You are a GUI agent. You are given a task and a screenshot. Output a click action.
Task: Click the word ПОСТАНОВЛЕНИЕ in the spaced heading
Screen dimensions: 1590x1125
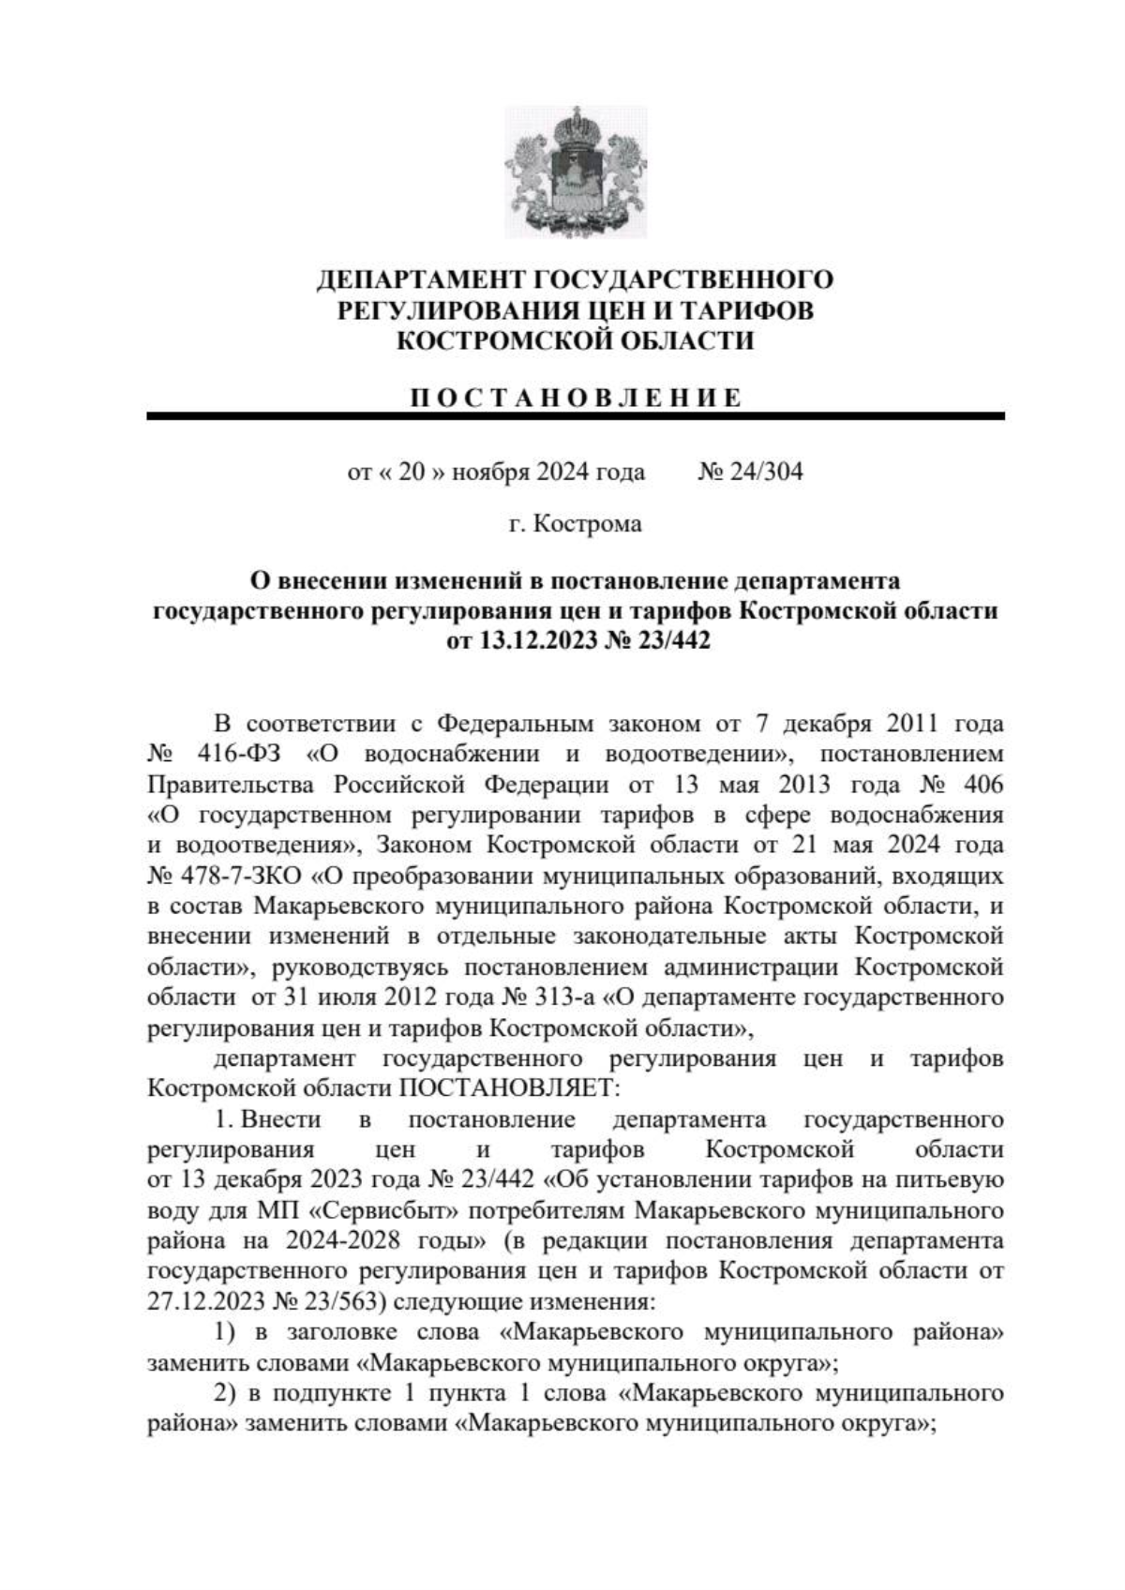pos(576,397)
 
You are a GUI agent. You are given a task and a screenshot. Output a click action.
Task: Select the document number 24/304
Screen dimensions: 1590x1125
pos(762,472)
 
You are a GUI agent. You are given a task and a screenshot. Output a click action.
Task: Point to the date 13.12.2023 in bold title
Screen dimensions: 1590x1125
pos(539,642)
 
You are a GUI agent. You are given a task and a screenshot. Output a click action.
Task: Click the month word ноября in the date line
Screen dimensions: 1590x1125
pos(489,472)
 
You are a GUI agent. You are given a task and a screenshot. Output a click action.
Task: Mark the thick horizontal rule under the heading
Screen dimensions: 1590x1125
pos(576,416)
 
